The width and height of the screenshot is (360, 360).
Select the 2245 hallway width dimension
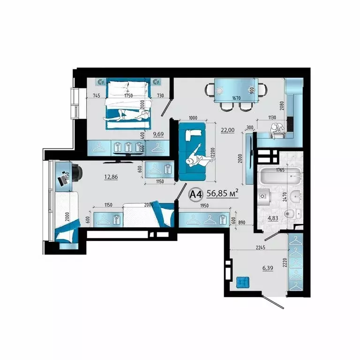coord(262,248)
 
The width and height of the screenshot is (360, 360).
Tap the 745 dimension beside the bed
coord(97,96)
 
